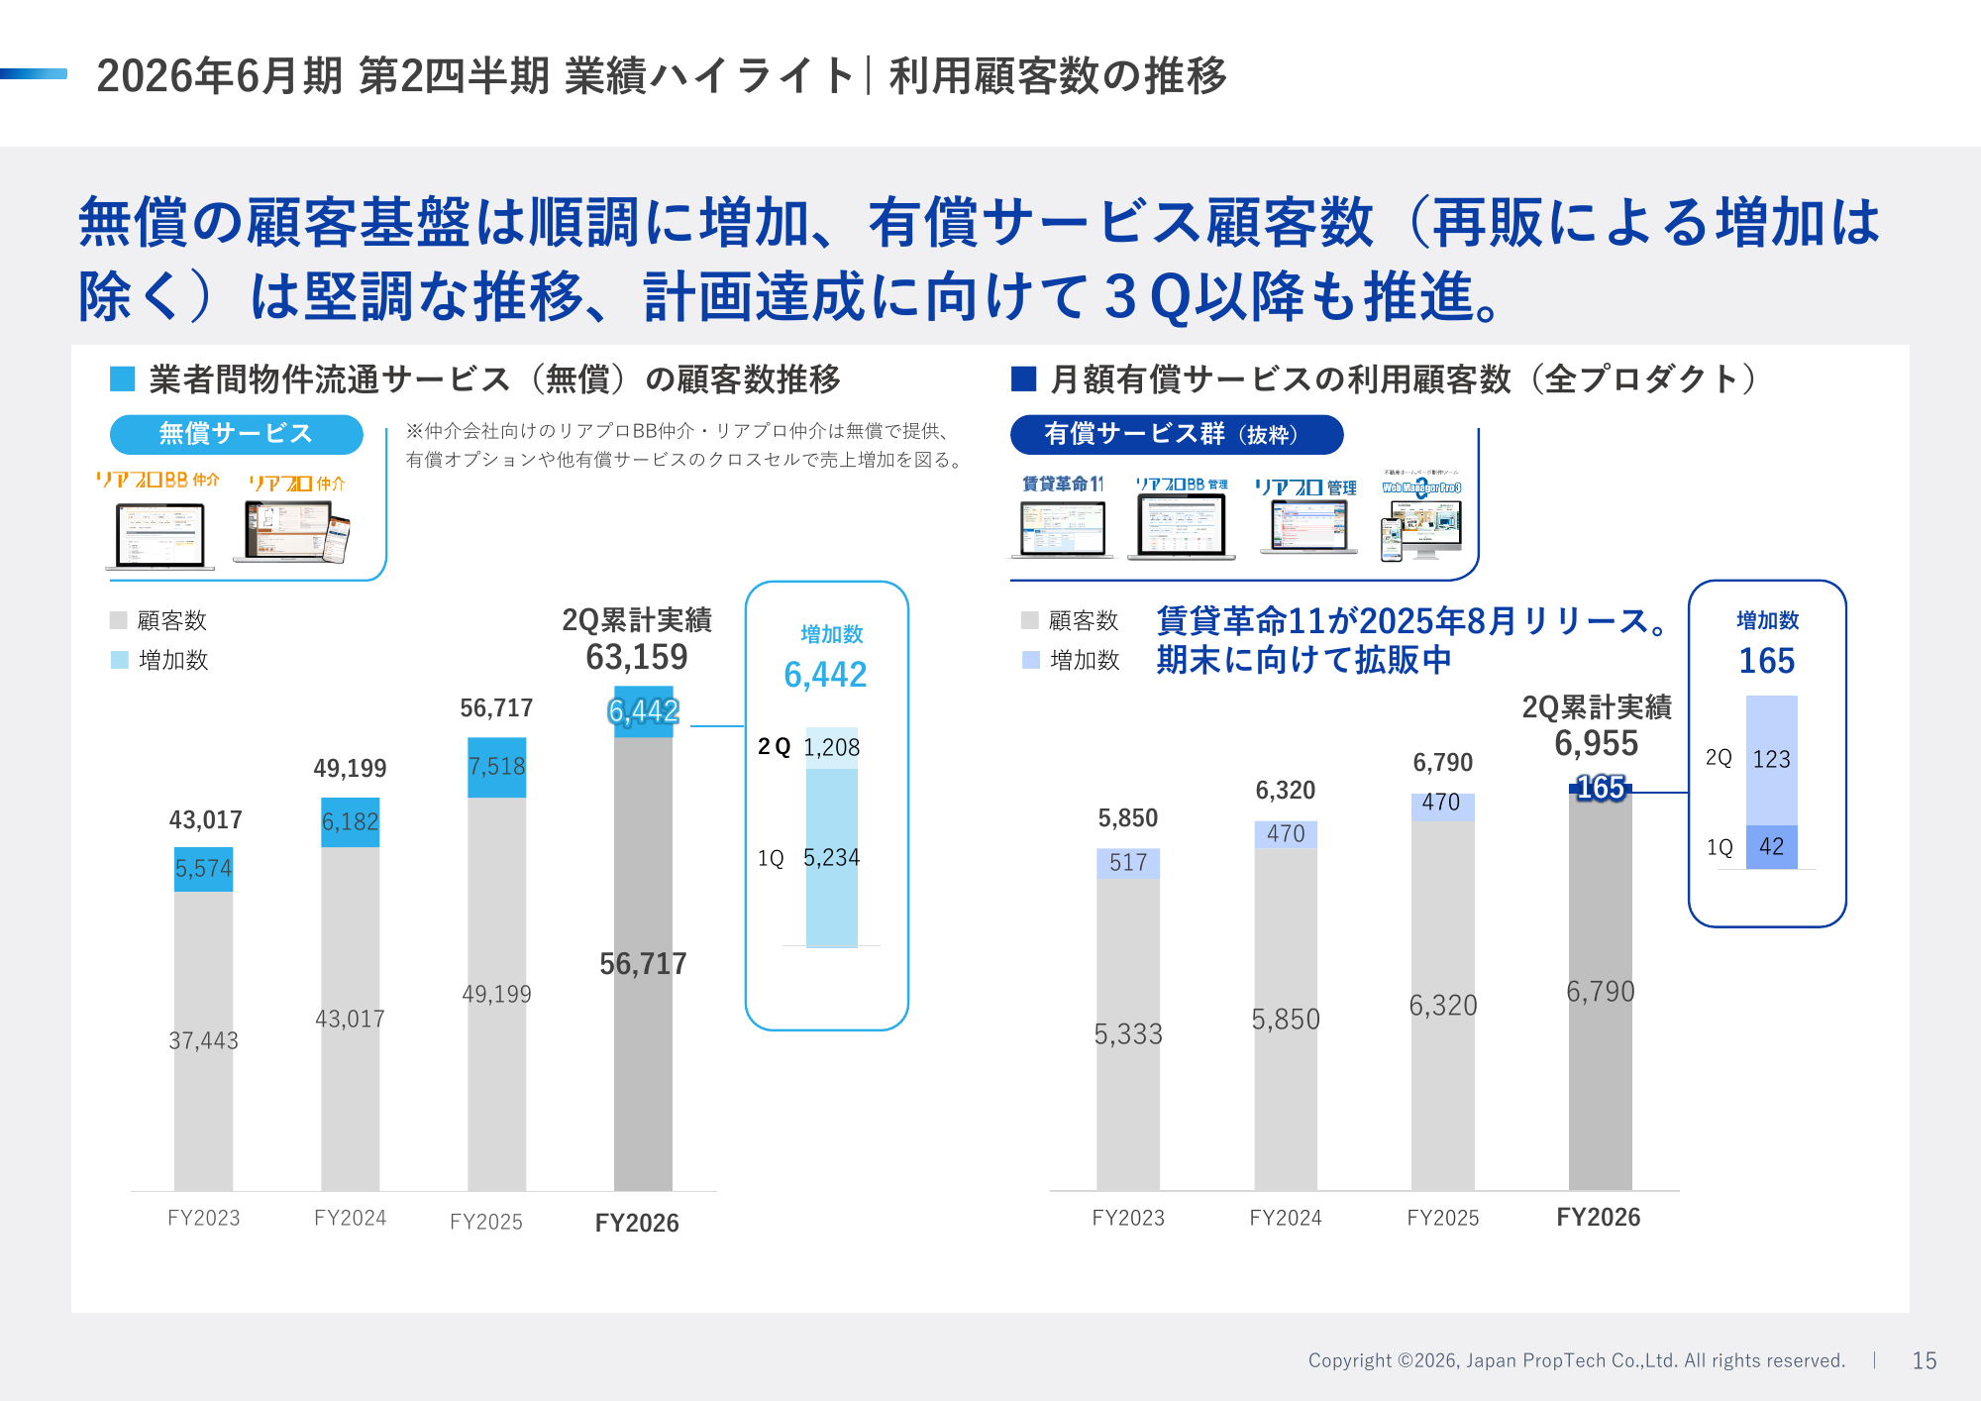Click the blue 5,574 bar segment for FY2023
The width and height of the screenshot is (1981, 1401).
pos(203,869)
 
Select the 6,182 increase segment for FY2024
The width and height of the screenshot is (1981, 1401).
pos(350,821)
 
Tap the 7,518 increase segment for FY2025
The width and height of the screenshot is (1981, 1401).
pos(496,767)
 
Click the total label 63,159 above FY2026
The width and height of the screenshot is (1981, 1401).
pos(636,657)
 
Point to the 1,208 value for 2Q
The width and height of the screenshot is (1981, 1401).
pos(831,747)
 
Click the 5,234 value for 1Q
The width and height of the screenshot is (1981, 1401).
pos(831,857)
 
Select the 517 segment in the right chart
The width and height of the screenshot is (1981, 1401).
pos(1127,863)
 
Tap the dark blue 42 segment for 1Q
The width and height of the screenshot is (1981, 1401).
pos(1771,847)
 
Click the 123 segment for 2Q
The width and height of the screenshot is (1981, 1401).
pos(1771,760)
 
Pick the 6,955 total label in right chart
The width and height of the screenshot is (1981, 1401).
pos(1596,743)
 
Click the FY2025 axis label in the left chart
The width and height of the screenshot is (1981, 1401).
pos(485,1222)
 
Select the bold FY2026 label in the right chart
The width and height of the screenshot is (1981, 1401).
pos(1598,1218)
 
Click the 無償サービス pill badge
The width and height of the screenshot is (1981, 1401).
pos(236,434)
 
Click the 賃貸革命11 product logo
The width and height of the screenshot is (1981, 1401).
pos(1063,484)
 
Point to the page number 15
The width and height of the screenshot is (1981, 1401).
pos(1924,1360)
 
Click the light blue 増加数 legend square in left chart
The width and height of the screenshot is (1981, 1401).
pos(120,660)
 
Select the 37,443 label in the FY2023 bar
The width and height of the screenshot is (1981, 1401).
pos(203,1040)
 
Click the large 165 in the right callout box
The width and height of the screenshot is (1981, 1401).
pos(1766,661)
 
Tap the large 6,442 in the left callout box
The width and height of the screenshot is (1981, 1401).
pos(825,675)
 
